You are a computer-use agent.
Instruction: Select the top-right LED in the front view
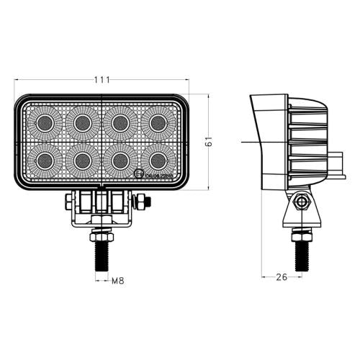point(154,122)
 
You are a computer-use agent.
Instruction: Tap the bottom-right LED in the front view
point(154,158)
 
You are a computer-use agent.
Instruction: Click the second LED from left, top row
point(81,122)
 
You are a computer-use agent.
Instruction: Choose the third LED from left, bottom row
point(118,158)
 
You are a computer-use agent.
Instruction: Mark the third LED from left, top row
point(118,122)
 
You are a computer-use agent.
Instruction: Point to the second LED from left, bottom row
point(81,158)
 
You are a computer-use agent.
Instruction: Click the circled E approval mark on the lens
point(138,173)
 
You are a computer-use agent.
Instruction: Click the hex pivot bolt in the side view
point(300,204)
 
